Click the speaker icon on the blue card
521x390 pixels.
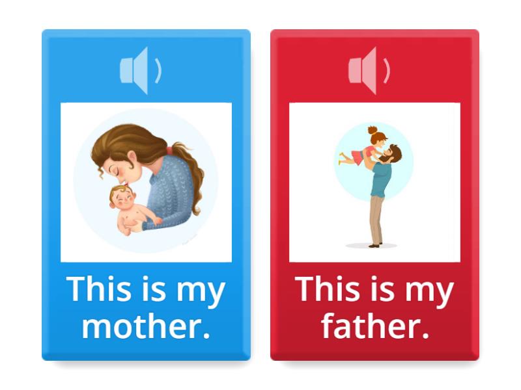139,70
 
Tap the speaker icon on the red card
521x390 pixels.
368,70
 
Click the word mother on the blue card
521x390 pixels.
146,327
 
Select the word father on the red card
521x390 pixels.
374,327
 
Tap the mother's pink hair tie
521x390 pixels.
171,151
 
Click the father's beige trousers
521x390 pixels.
376,218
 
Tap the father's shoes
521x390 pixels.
373,245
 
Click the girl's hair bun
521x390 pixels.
373,130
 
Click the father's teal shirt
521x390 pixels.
381,182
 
